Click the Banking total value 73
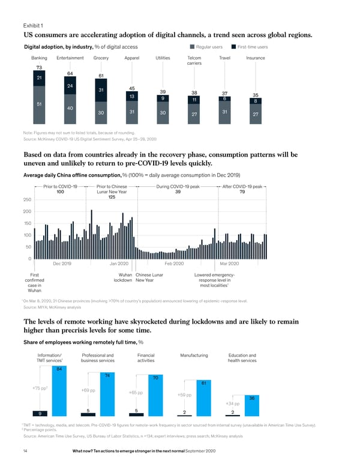pos(40,68)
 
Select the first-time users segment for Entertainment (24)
pos(71,86)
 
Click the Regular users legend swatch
pos(191,47)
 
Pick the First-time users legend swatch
pos(233,47)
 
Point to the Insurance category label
pos(256,58)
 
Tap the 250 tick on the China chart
pos(27,199)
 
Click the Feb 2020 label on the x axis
pos(174,264)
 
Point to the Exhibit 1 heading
pos(35,25)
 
